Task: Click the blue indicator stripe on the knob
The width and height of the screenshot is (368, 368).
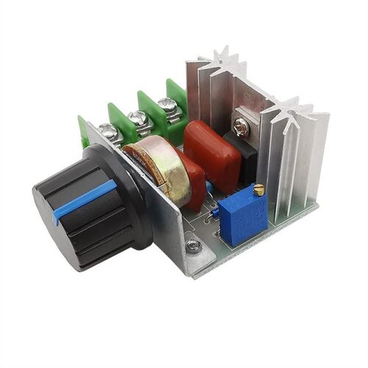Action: click(x=84, y=199)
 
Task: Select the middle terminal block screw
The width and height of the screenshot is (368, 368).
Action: click(x=138, y=118)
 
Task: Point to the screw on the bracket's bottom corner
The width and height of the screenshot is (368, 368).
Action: click(x=194, y=245)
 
